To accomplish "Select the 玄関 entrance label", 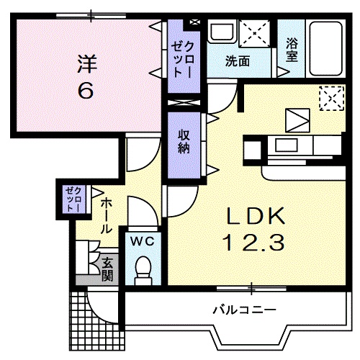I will [107, 269].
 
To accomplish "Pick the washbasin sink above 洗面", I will [222, 33].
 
